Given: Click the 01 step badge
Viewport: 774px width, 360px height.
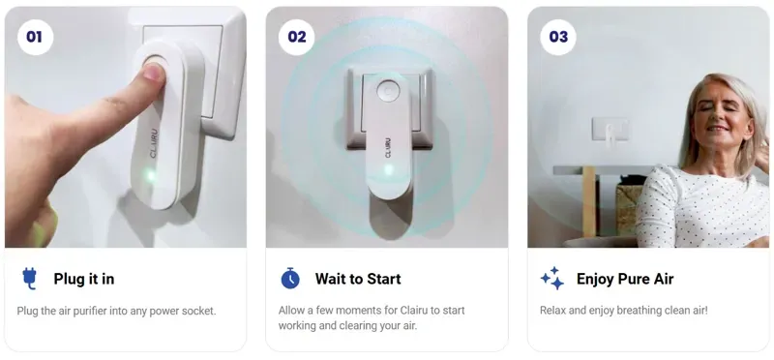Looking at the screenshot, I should pyautogui.click(x=35, y=37).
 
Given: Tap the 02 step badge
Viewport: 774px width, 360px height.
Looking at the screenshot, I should pyautogui.click(x=296, y=37).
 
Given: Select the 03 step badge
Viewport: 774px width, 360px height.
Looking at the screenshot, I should pyautogui.click(x=558, y=37).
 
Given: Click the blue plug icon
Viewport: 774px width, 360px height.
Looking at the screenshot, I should pyautogui.click(x=29, y=279).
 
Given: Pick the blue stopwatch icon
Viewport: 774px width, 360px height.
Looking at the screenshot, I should pyautogui.click(x=290, y=279).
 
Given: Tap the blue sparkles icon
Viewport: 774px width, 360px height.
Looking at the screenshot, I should pyautogui.click(x=551, y=279).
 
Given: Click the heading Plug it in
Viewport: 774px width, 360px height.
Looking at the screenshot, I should pyautogui.click(x=83, y=279).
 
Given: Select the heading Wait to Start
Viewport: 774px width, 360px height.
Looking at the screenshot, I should pyautogui.click(x=357, y=279).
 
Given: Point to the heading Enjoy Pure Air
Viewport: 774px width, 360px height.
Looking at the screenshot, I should pyautogui.click(x=624, y=279).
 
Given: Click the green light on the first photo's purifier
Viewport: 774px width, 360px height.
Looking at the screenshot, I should pyautogui.click(x=148, y=175).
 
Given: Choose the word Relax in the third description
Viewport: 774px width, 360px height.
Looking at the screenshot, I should pyautogui.click(x=555, y=311).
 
